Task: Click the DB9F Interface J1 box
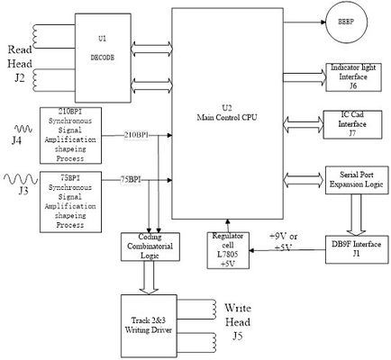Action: [354, 249]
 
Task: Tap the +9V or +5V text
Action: [286, 241]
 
